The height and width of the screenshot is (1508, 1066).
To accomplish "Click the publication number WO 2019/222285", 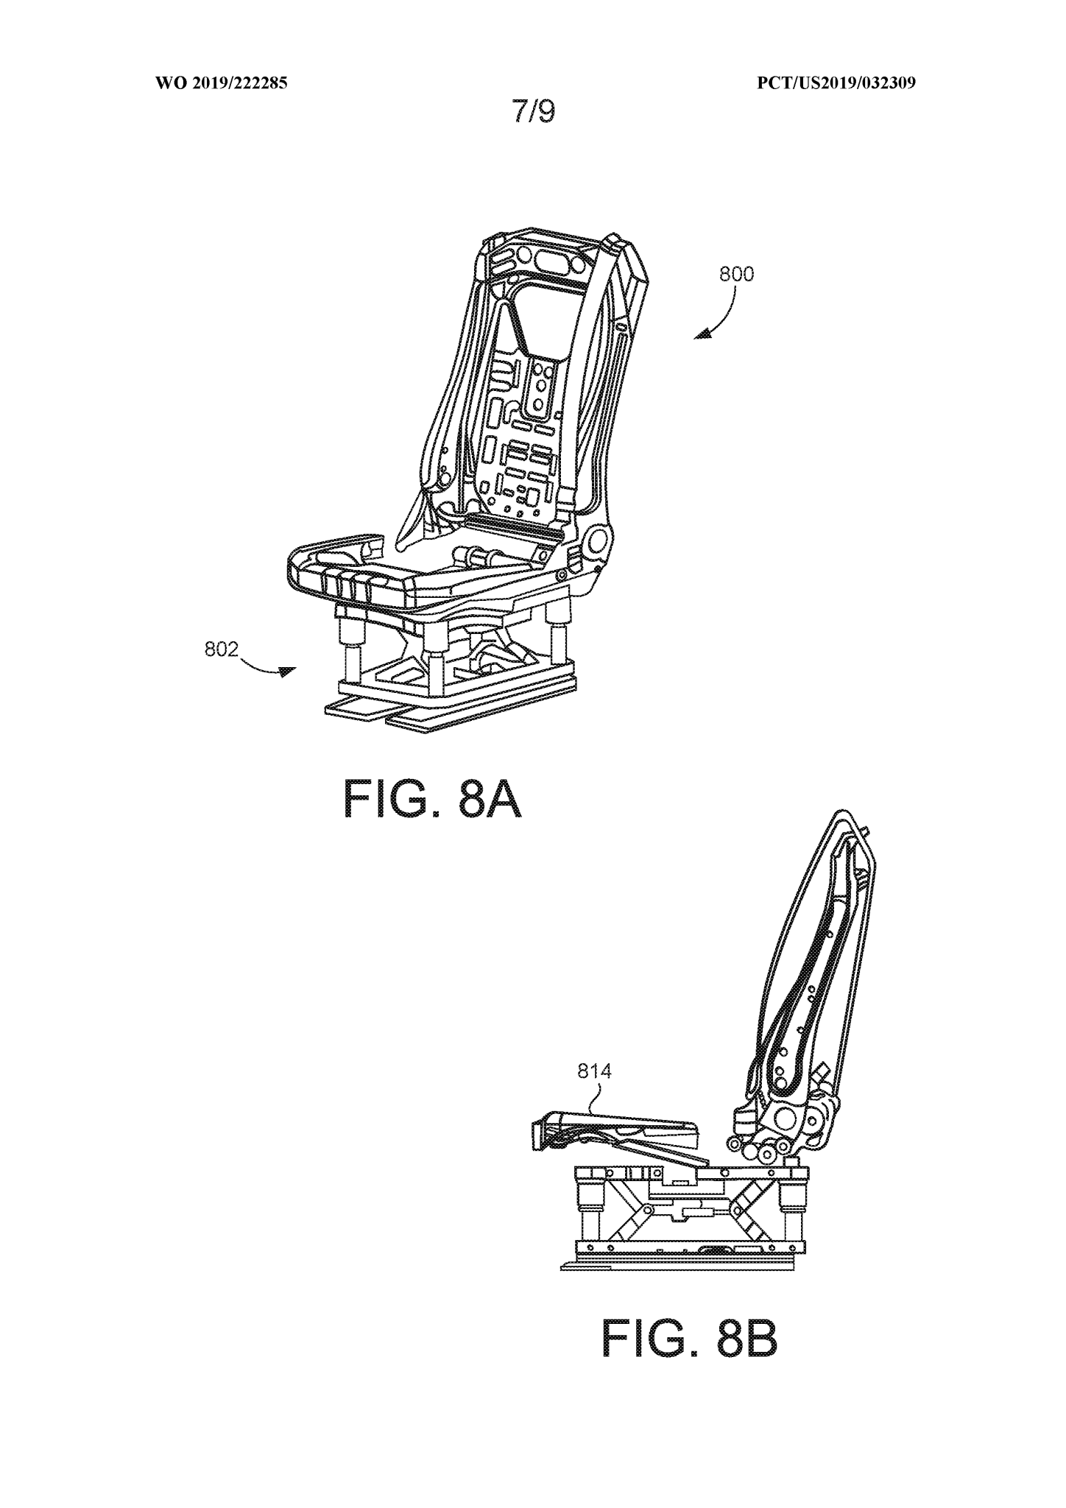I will [221, 83].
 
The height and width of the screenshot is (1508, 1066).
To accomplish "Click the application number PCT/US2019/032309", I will [836, 83].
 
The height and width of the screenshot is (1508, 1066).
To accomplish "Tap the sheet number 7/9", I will [534, 112].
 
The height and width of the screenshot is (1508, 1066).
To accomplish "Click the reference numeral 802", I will [222, 649].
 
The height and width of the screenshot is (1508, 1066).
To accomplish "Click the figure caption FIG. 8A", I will [432, 800].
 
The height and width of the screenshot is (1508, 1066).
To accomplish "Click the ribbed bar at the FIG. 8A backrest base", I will [515, 526].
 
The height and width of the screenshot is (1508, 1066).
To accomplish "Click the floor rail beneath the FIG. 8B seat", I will [677, 1264].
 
